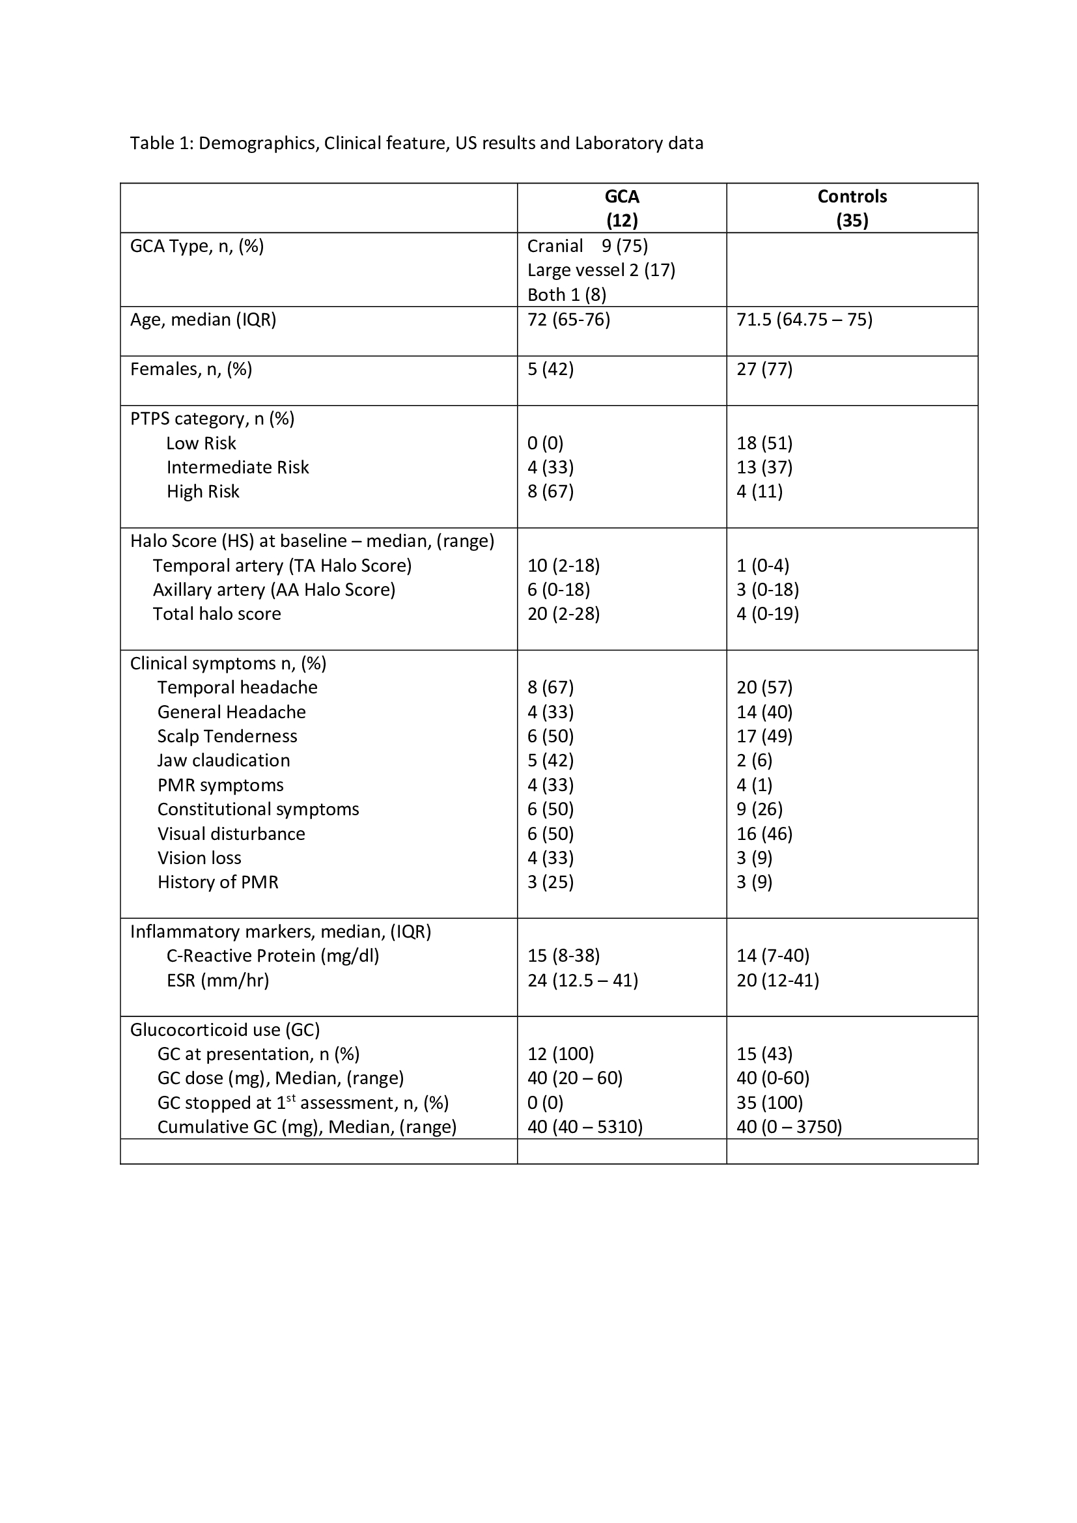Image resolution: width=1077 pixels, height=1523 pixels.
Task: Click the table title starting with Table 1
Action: [417, 143]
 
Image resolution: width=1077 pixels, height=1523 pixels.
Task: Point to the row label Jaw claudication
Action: [223, 760]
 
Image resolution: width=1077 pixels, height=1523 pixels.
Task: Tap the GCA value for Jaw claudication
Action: [550, 760]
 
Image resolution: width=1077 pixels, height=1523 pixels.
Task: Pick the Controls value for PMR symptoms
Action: [754, 785]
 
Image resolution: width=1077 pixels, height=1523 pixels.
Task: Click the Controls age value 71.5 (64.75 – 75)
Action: [804, 320]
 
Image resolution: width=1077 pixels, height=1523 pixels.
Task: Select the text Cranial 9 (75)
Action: [587, 246]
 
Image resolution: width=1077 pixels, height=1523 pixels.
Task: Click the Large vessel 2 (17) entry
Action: [601, 270]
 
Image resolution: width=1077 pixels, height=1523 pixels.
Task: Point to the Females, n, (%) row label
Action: [191, 369]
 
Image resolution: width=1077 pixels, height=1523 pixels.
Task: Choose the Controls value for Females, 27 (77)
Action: [764, 369]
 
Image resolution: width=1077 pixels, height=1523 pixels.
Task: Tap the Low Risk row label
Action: [201, 443]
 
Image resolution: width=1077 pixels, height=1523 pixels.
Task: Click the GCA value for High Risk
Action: [550, 492]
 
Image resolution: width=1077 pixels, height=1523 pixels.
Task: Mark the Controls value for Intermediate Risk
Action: [764, 468]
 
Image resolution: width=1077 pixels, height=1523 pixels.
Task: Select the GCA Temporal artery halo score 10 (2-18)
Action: [563, 565]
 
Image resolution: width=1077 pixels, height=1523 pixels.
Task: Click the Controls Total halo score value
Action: [767, 613]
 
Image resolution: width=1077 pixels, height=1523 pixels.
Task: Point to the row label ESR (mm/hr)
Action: [217, 980]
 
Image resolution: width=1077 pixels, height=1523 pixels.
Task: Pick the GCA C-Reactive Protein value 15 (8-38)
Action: [563, 955]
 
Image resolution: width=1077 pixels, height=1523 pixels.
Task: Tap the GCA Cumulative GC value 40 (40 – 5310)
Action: [584, 1127]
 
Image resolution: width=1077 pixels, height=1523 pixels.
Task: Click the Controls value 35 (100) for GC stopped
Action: [769, 1102]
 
